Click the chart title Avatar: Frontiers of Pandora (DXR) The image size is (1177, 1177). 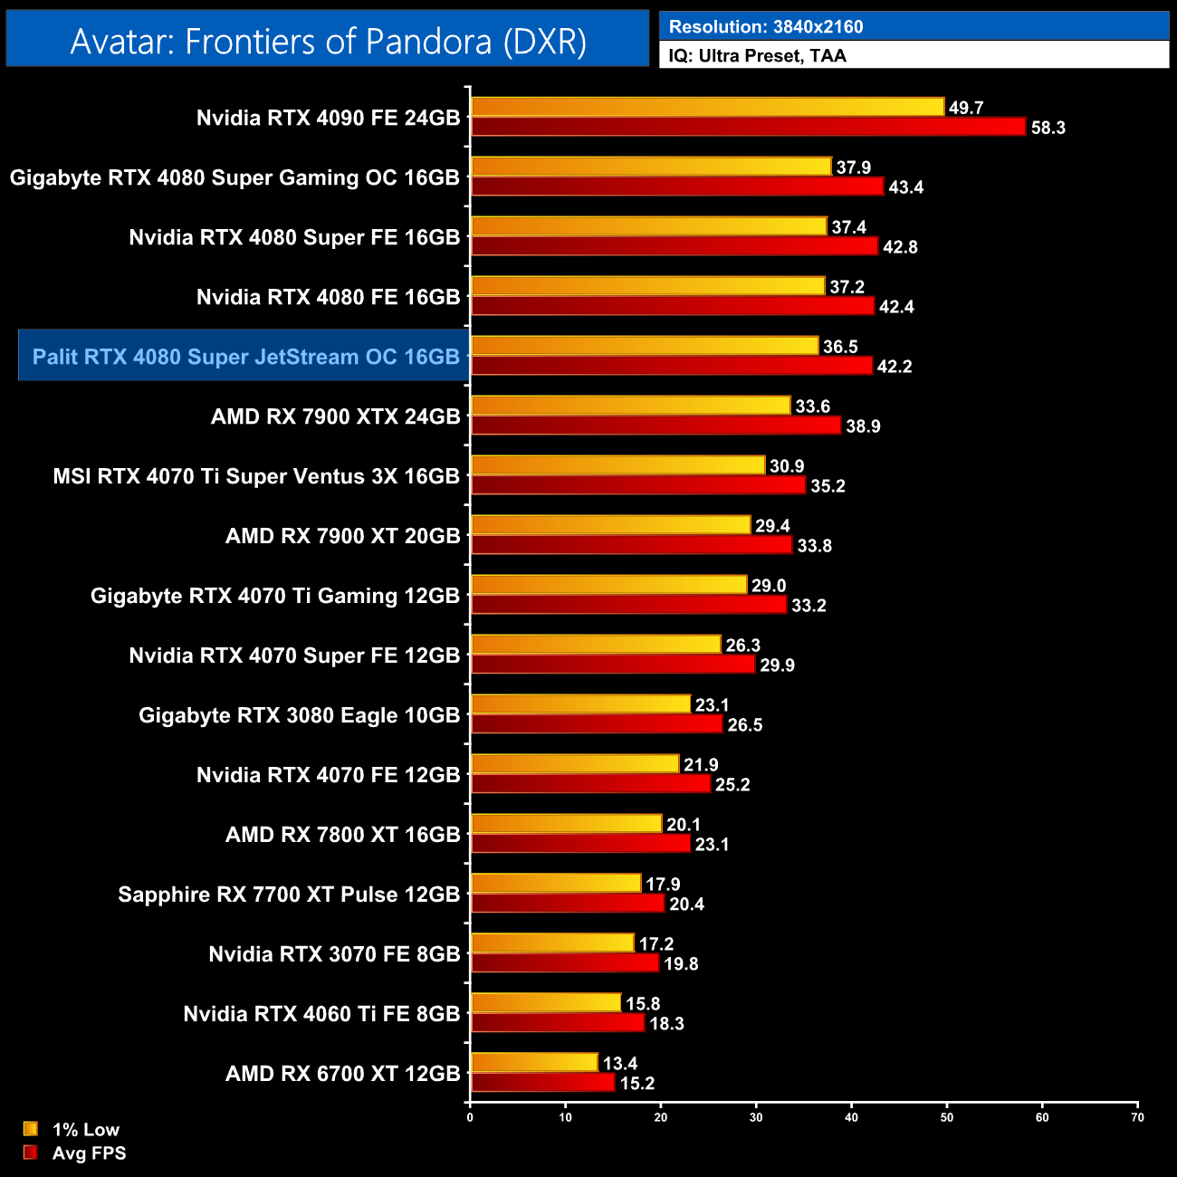pos(328,41)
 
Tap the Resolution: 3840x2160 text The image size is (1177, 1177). pos(765,26)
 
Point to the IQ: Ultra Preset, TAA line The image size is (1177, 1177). pos(757,56)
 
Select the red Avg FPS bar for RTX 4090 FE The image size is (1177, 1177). pos(748,127)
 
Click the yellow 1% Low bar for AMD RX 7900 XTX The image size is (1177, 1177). pos(630,406)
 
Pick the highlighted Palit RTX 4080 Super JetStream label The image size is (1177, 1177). pos(245,357)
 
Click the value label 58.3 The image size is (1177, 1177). pos(1048,128)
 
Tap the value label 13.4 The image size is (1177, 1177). pos(620,1063)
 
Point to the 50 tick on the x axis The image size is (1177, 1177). pos(947,1117)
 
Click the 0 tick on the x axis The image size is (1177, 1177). pos(470,1117)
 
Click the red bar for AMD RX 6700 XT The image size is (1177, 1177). pos(542,1083)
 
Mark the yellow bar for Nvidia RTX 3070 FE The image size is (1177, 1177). pos(552,943)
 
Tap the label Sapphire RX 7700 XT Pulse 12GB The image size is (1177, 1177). pos(289,895)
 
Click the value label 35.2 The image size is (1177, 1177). pos(828,486)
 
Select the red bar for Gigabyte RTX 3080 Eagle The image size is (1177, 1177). pos(597,724)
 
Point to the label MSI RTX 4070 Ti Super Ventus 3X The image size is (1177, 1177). pos(256,476)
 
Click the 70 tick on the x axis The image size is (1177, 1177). pos(1137,1117)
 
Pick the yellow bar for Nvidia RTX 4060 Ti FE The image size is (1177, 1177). pos(545,1003)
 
